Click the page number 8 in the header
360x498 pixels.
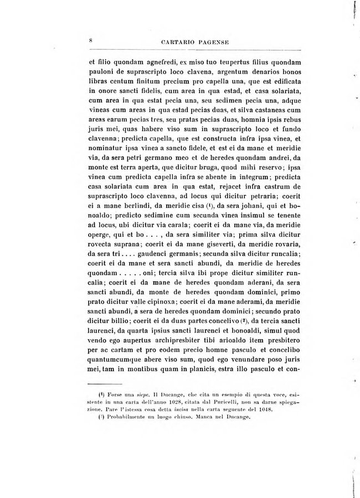[90, 40]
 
